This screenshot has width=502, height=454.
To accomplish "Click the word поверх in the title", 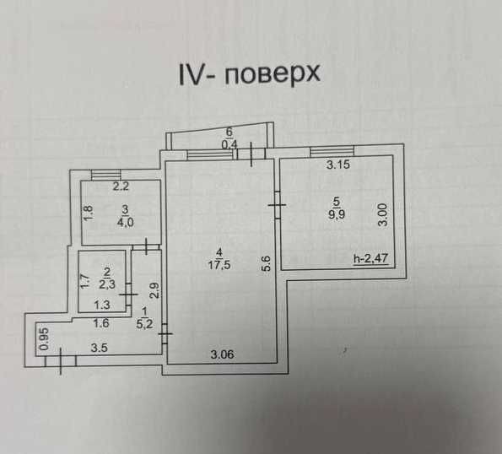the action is (x=272, y=74).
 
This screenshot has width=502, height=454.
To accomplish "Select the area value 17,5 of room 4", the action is (x=219, y=265).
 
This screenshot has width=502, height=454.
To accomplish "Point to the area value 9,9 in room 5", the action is (x=336, y=213).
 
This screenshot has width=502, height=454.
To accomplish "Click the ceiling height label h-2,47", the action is (x=370, y=258).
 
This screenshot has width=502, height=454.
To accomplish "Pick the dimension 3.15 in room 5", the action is (x=338, y=165).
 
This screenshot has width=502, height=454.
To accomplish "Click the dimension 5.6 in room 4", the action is (x=267, y=263).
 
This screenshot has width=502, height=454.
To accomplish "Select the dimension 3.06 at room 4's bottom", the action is (x=222, y=354).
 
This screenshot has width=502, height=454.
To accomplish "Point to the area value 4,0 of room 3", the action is (x=125, y=222).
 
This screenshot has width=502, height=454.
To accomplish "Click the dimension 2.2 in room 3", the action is (x=121, y=186).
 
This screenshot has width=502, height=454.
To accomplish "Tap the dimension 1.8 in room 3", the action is (x=89, y=213).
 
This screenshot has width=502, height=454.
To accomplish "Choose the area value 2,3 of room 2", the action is (x=107, y=284).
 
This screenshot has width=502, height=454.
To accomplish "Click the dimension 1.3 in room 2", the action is (x=102, y=305).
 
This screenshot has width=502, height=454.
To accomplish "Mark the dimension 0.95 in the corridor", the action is (x=45, y=338).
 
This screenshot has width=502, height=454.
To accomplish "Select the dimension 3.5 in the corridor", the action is (x=99, y=348).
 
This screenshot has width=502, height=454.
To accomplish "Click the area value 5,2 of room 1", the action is (x=144, y=324).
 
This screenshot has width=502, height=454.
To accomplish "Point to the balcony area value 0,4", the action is (x=229, y=144).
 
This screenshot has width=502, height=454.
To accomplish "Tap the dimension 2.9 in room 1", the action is (x=154, y=291).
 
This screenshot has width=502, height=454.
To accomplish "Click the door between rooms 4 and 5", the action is (x=278, y=205).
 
